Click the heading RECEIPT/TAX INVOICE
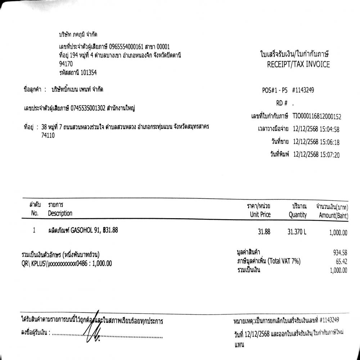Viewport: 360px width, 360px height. pyautogui.click(x=298, y=65)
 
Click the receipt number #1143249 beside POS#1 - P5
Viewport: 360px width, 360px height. pyautogui.click(x=303, y=90)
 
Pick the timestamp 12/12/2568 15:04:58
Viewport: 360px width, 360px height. pyautogui.click(x=316, y=129)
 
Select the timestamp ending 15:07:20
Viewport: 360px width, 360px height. pyautogui.click(x=316, y=155)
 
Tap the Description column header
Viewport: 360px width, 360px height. pyautogui.click(x=60, y=213)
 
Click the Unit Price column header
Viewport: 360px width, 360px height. pyautogui.click(x=260, y=215)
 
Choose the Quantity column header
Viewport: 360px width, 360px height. pyautogui.click(x=298, y=215)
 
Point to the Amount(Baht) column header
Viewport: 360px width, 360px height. pyautogui.click(x=333, y=215)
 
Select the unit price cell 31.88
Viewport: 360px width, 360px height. pyautogui.click(x=264, y=232)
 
